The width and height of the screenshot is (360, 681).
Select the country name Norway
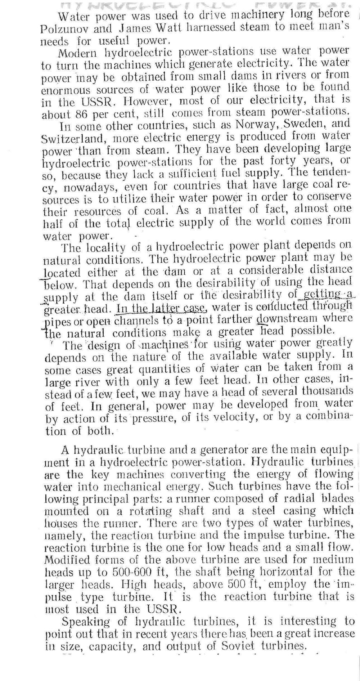pyautogui.click(x=249, y=125)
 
